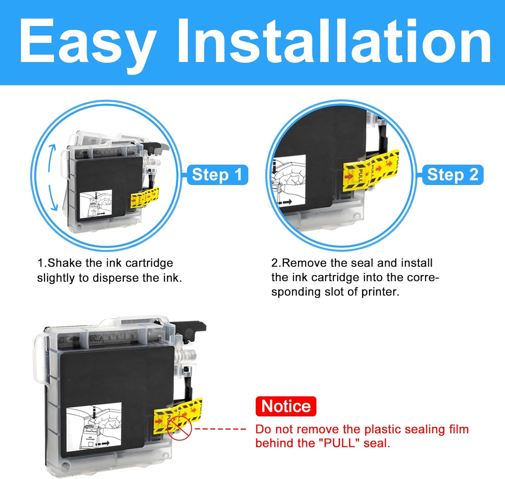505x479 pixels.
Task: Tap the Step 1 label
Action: point(217,175)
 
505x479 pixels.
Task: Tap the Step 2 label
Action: point(452,175)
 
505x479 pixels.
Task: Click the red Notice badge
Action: point(286,406)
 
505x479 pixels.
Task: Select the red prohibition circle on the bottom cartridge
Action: point(179,428)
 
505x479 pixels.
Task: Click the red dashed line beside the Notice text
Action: point(221,429)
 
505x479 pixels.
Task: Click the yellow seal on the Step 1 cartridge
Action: point(144,198)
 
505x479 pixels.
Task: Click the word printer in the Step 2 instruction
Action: point(380,292)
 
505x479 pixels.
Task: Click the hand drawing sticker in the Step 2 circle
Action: point(289,181)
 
